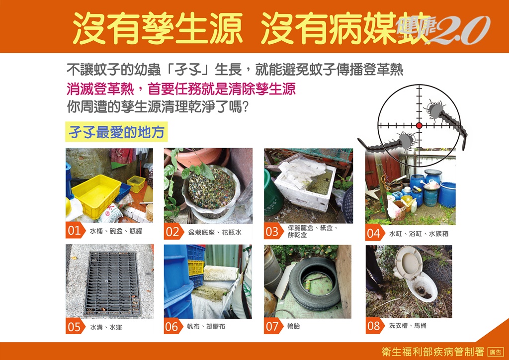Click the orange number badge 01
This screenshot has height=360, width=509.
tap(75, 230)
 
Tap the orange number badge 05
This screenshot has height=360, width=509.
tap(75, 326)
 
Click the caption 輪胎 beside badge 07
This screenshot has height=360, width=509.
tap(293, 326)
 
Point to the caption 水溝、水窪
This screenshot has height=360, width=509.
tap(106, 327)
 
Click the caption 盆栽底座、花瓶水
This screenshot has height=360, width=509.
tap(215, 232)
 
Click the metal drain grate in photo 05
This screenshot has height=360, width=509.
tap(112, 283)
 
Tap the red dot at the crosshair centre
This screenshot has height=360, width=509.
tap(419, 125)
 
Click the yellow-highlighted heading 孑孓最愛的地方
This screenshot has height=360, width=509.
tap(116, 132)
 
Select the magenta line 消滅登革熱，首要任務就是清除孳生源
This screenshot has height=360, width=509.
tap(181, 89)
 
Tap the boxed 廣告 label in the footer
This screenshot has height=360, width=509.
tap(496, 352)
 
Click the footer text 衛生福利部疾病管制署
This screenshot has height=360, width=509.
tap(433, 352)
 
